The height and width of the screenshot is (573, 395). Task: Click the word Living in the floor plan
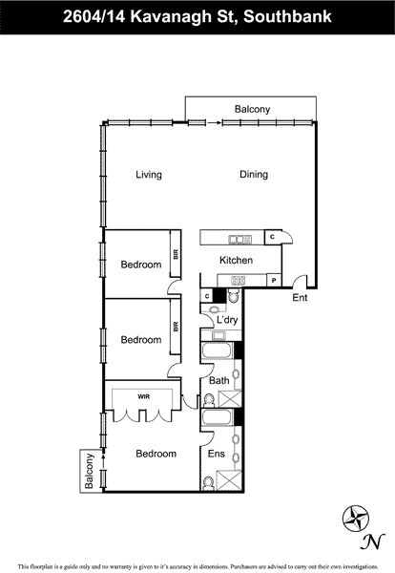click(x=149, y=175)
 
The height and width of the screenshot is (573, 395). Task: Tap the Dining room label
click(x=254, y=175)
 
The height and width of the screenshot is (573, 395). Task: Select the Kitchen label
click(x=236, y=260)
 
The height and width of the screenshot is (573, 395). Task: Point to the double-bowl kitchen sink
click(x=239, y=240)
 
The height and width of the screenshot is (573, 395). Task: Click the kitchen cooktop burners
click(x=238, y=281)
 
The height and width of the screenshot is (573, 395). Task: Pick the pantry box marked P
click(x=274, y=281)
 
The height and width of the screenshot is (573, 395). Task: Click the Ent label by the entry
click(x=300, y=297)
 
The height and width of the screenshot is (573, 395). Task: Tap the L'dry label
click(x=227, y=320)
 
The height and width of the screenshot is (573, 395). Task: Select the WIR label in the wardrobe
click(x=143, y=396)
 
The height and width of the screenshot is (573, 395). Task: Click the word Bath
click(x=219, y=380)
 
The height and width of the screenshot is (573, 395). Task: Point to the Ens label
click(x=217, y=454)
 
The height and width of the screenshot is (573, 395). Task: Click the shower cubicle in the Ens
click(x=229, y=480)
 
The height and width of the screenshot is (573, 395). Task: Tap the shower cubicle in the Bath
click(x=230, y=398)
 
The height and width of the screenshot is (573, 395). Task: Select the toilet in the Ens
click(x=208, y=483)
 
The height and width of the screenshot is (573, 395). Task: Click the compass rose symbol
click(x=356, y=519)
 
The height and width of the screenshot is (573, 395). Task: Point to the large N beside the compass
click(x=372, y=541)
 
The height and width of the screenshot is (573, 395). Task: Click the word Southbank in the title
click(x=288, y=16)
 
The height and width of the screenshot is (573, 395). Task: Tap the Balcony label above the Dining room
click(x=252, y=109)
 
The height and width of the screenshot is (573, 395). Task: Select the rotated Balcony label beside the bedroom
click(x=89, y=471)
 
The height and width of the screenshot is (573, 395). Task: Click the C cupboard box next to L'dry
click(x=207, y=296)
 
